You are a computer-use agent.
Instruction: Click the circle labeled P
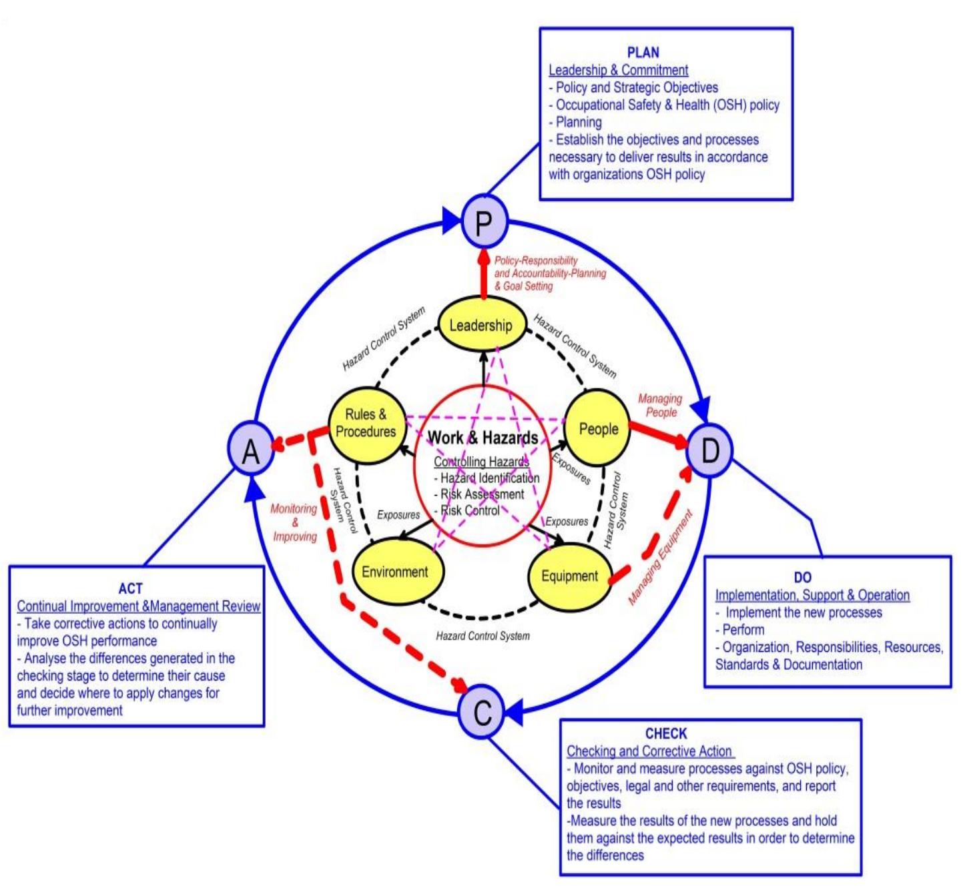[484, 222]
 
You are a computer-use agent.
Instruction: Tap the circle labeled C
[482, 711]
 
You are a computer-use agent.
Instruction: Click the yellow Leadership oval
[480, 326]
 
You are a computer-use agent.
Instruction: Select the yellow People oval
[598, 429]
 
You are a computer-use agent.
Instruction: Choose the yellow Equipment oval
[569, 576]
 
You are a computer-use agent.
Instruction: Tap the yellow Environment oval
[395, 572]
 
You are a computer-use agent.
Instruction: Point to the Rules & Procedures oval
[366, 424]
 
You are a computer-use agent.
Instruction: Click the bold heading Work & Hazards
[482, 438]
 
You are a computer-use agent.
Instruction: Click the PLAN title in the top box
[643, 53]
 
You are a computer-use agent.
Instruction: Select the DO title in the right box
[803, 578]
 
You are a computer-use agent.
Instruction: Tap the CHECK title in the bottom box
[665, 734]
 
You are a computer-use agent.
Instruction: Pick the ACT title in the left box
[130, 588]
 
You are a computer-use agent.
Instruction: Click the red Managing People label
[660, 406]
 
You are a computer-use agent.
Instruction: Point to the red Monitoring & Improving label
[294, 522]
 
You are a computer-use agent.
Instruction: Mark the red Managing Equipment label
[661, 557]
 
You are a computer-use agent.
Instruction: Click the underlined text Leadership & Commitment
[618, 70]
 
